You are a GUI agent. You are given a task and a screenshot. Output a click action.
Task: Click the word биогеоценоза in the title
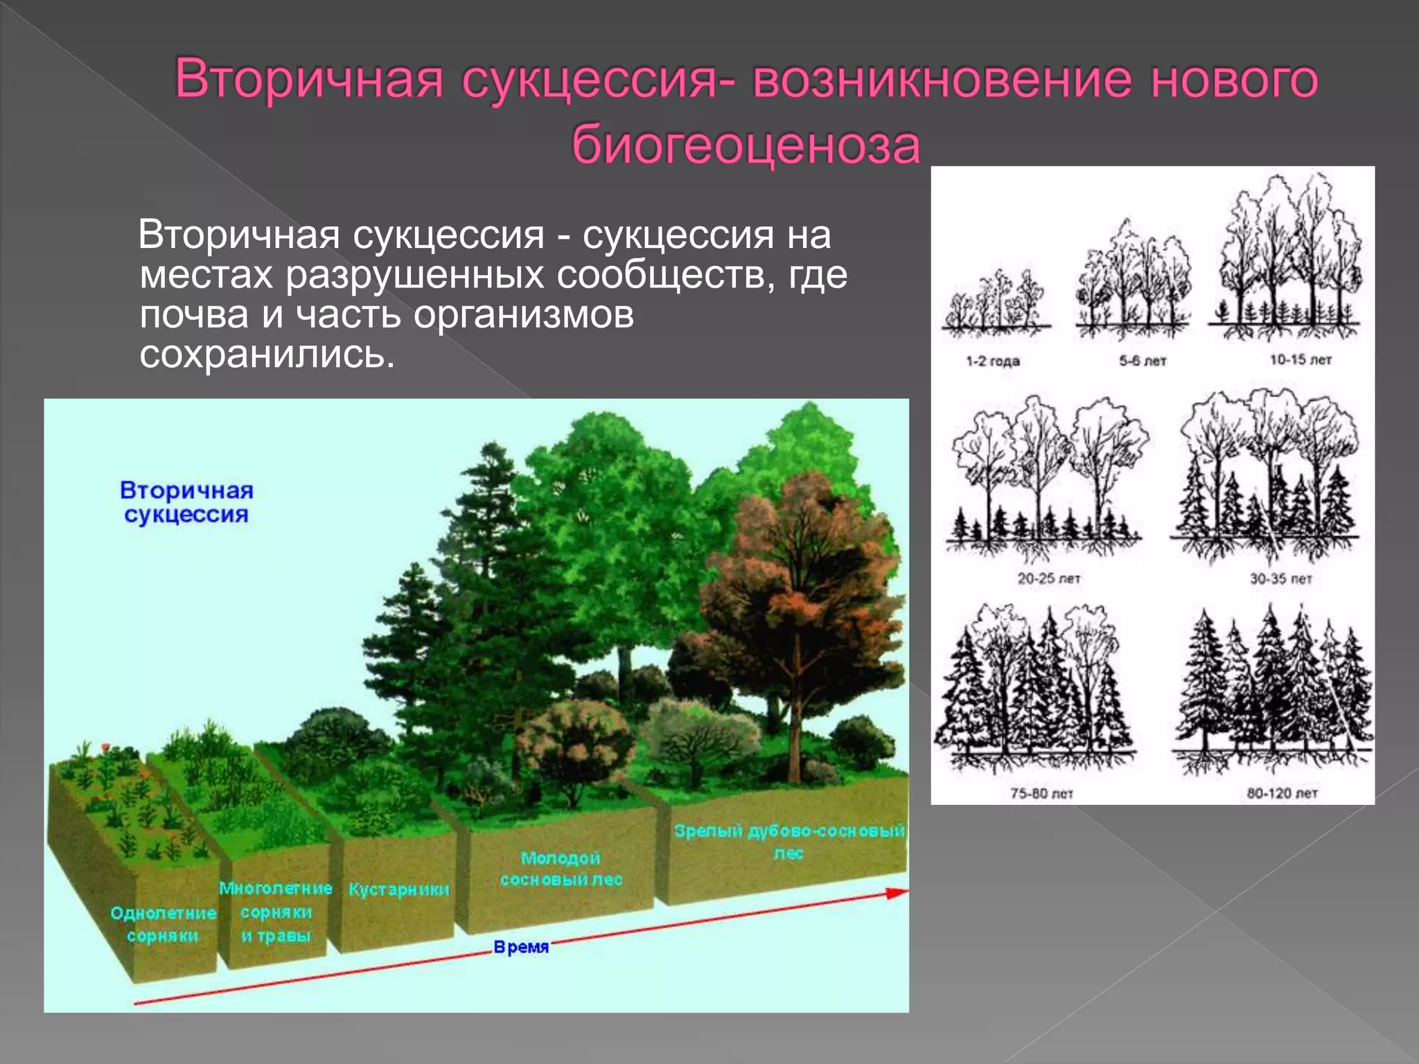coord(746,145)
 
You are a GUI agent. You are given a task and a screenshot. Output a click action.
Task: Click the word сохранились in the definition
coord(267,354)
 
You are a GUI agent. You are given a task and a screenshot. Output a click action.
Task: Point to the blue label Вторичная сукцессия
coord(186,502)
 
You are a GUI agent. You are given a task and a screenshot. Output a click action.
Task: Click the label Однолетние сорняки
coord(163,924)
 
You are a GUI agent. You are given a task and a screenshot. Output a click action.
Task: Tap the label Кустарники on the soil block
coord(398,889)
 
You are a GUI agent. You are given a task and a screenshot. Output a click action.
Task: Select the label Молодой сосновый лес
coord(561,869)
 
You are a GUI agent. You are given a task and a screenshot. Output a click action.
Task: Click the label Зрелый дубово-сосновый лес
coord(789,841)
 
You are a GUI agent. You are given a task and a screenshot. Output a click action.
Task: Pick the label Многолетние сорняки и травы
coord(276,912)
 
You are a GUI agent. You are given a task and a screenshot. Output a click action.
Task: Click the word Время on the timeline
coord(521,947)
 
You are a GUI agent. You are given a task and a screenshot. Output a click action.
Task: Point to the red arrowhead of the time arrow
coord(897,893)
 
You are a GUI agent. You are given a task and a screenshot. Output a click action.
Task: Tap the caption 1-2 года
coord(993,361)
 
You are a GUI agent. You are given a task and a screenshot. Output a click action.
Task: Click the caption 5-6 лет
coord(1143,361)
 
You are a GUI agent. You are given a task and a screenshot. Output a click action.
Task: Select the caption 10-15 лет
coord(1301,360)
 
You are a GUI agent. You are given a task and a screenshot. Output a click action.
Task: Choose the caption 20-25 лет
coord(1049,578)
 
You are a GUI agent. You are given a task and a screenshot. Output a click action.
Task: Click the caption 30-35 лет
coord(1280,578)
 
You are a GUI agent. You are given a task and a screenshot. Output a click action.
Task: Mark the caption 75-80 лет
coord(1041,793)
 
